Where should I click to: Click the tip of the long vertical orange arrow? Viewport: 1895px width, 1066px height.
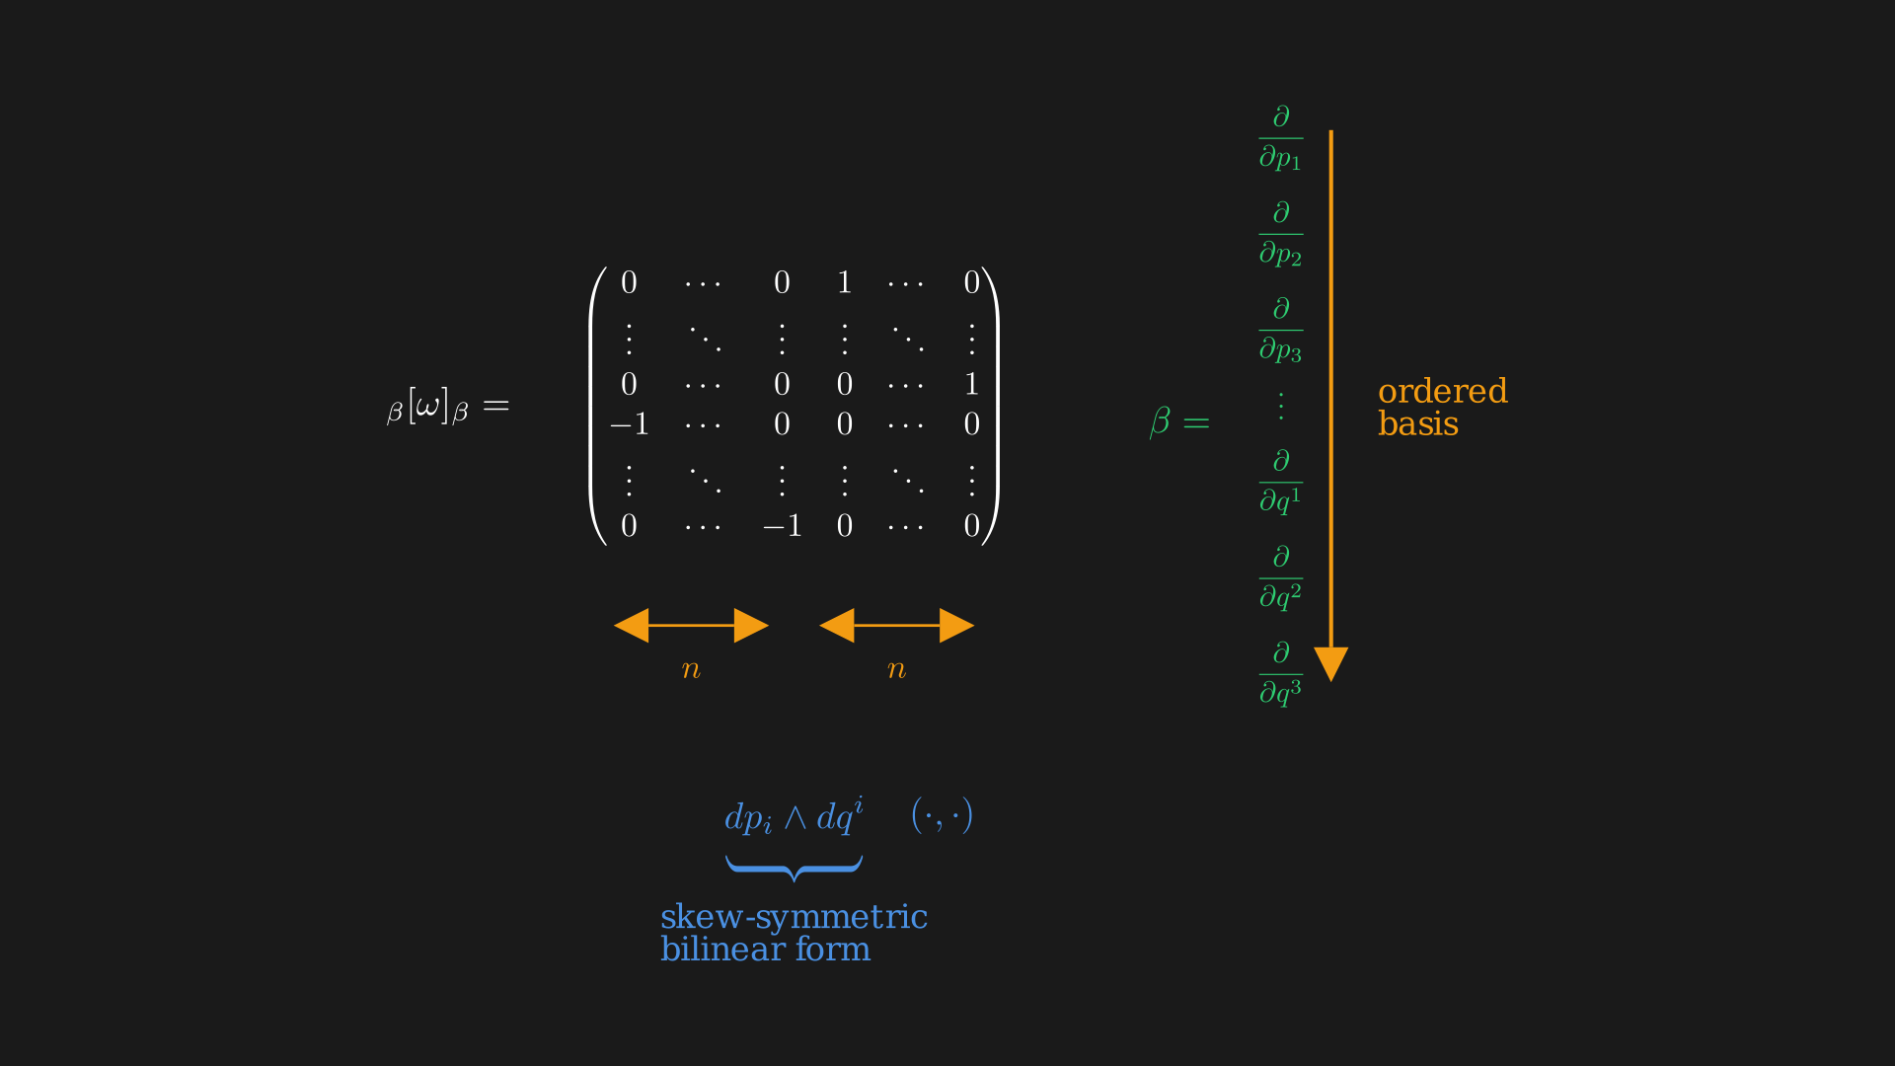[1330, 681]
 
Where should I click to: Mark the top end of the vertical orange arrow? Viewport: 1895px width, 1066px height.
[1330, 130]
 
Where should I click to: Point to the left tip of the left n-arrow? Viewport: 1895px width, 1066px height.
[614, 625]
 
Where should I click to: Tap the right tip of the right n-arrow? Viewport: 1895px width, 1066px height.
[974, 625]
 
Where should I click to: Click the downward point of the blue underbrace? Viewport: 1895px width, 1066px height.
[794, 879]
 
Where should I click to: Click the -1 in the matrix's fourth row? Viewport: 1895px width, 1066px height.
[629, 424]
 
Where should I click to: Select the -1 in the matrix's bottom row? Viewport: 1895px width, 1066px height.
[782, 526]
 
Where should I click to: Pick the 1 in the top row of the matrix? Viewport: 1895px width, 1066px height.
[844, 283]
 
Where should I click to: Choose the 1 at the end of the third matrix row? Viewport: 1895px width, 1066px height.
[971, 384]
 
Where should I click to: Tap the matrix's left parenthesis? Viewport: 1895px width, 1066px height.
[595, 405]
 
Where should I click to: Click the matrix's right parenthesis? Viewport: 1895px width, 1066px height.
[992, 405]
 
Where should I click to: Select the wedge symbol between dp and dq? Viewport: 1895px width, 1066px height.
[795, 817]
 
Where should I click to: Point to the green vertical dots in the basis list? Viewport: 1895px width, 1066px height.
[1281, 406]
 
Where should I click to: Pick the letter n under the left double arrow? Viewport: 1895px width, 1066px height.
[691, 669]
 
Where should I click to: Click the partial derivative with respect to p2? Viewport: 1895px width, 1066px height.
[1281, 234]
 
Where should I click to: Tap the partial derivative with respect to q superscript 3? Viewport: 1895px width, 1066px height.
[1281, 673]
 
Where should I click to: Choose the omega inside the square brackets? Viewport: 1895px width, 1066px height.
[427, 406]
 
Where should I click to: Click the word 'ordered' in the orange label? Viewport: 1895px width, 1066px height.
[1443, 391]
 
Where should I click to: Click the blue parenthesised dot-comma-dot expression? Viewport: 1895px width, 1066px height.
[942, 815]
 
